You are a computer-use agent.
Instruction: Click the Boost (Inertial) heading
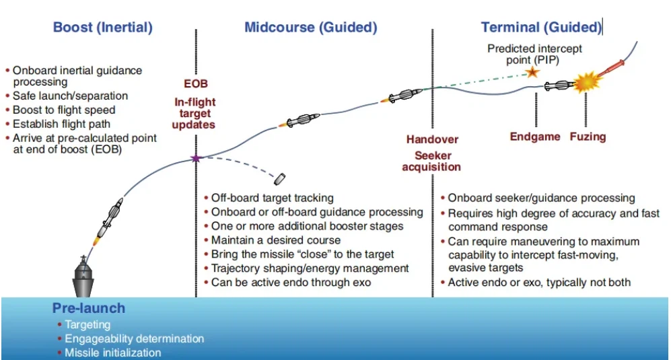coord(103,28)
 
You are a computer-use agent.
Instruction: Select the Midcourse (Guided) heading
coord(310,28)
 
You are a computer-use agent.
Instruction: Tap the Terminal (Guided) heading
coord(540,28)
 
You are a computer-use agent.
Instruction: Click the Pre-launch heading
coord(89,308)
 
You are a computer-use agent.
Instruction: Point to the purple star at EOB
coord(196,159)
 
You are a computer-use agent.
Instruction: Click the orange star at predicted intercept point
coord(532,72)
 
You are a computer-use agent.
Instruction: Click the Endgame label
coord(534,137)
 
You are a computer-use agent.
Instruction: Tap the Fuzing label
coord(588,137)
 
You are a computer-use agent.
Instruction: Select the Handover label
coord(432,139)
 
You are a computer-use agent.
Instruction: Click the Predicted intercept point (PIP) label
coord(534,54)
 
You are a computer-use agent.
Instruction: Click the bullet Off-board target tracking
coord(272,198)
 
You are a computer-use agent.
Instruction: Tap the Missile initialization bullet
coord(112,353)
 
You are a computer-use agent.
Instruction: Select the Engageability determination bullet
coord(134,338)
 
